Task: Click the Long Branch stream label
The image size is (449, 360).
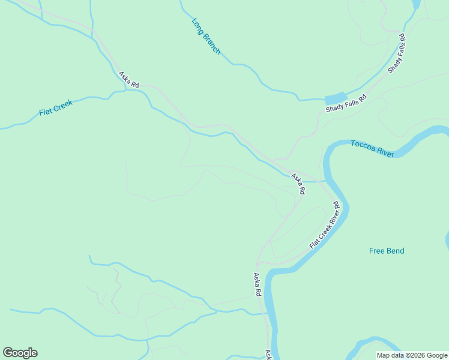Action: tap(206, 37)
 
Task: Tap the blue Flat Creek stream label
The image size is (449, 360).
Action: tap(56, 107)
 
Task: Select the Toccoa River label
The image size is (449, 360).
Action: tap(372, 148)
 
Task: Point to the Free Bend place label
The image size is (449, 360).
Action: tap(387, 251)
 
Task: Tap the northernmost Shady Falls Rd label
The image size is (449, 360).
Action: tap(397, 54)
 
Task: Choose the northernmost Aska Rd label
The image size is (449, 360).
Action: tap(128, 80)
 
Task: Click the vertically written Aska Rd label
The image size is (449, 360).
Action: tap(257, 285)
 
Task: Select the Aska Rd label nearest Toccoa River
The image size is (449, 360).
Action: tap(298, 184)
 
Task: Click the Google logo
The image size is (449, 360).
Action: tap(20, 353)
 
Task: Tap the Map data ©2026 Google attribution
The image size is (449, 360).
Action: tap(412, 355)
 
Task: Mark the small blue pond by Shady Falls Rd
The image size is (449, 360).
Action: tap(336, 98)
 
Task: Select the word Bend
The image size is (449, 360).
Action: tap(395, 251)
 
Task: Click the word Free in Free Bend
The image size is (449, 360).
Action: tap(377, 251)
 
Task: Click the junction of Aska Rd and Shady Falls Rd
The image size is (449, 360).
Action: tap(275, 161)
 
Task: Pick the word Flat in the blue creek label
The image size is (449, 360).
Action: tap(46, 111)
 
